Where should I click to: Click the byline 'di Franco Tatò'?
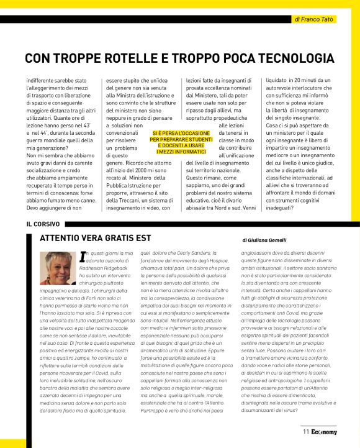click(x=314, y=19)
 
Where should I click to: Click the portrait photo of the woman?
click(x=57, y=269)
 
